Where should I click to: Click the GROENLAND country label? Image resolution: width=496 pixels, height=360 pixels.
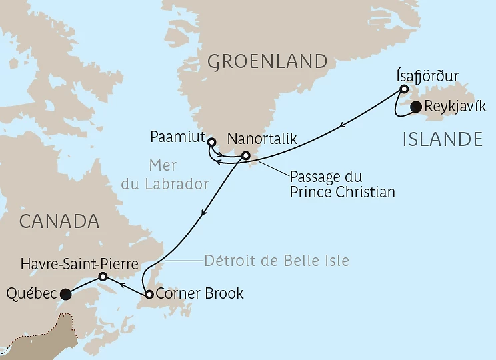[268, 62]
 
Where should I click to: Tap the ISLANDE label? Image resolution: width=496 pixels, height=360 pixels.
[443, 139]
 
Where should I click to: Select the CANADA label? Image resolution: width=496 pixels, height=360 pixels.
[59, 221]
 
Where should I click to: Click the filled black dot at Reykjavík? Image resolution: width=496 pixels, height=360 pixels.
[416, 107]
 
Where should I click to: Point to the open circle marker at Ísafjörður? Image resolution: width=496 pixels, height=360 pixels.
[404, 89]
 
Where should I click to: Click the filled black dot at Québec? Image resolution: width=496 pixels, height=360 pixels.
[65, 293]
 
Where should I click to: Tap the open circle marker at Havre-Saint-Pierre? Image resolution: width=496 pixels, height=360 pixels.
[103, 276]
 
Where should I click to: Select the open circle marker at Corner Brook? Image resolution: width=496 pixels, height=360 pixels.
[149, 294]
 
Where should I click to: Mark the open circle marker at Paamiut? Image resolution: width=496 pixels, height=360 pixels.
[211, 142]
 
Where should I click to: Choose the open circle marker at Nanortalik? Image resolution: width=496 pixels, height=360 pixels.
[245, 156]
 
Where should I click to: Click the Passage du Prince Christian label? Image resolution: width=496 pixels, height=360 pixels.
[342, 185]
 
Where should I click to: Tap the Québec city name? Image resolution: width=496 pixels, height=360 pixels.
[31, 293]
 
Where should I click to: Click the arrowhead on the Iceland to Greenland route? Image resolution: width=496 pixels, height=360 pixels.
[342, 125]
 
